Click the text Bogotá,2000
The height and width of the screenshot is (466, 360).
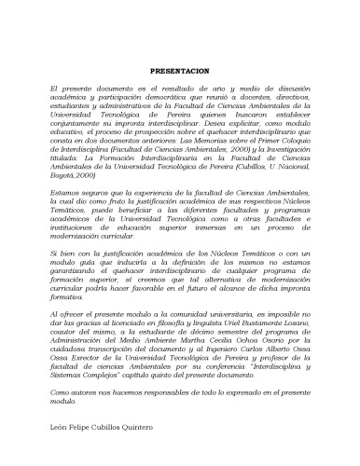74,175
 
